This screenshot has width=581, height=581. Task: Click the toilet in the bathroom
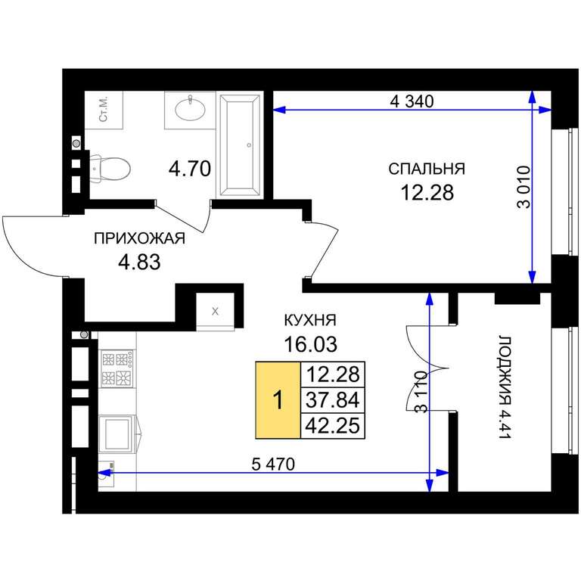click(x=110, y=169)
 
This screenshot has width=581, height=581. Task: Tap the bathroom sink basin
click(x=190, y=109)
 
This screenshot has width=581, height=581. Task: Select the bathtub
click(x=240, y=145)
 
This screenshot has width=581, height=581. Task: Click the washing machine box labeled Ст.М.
click(x=104, y=110)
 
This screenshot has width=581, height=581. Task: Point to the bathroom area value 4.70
click(x=190, y=169)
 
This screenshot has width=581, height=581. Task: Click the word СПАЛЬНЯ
click(x=427, y=169)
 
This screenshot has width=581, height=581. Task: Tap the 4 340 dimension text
click(x=412, y=101)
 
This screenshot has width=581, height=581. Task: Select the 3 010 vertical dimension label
click(x=524, y=187)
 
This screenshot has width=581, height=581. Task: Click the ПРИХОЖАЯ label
click(x=139, y=238)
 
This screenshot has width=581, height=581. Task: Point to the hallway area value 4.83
click(x=139, y=262)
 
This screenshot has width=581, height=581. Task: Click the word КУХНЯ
click(x=310, y=320)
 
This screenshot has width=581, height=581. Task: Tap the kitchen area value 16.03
click(x=310, y=344)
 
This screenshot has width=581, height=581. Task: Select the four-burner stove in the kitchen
click(x=117, y=368)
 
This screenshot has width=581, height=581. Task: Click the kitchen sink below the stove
click(x=117, y=433)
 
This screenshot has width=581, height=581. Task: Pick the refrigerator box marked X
click(x=215, y=311)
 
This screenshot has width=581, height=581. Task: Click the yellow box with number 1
click(x=278, y=400)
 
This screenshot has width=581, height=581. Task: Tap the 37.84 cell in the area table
click(x=333, y=400)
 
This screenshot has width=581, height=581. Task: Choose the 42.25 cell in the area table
click(x=333, y=425)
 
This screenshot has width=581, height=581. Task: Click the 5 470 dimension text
click(x=273, y=464)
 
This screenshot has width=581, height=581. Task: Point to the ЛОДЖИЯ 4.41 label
click(x=505, y=387)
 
